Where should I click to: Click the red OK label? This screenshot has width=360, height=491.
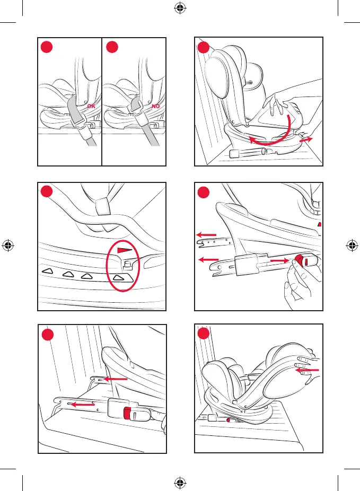[x=91, y=106]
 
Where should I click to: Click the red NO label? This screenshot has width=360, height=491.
[x=155, y=106]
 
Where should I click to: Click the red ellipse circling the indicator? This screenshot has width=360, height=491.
[x=122, y=266]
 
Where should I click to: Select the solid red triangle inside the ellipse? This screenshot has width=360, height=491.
[x=125, y=250]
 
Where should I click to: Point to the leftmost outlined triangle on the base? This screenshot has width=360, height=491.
[x=47, y=270]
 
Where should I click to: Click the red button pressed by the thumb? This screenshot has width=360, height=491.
[x=299, y=260]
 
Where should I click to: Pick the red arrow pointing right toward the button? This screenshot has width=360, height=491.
[x=279, y=260]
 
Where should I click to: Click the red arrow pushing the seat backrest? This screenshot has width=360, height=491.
[x=307, y=371]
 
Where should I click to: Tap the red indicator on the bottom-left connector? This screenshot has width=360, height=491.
[x=127, y=413]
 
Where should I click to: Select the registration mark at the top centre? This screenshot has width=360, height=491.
[x=180, y=8]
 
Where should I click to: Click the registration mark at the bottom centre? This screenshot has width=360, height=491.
[x=180, y=483]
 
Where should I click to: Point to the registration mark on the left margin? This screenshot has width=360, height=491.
[x=8, y=245]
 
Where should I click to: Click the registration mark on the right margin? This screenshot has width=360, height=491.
[x=352, y=245]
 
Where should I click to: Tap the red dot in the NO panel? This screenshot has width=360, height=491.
[x=112, y=47]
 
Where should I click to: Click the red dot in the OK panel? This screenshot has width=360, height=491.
[x=47, y=47]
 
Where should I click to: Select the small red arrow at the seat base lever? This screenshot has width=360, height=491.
[x=306, y=139]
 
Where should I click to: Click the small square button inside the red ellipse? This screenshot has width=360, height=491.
[x=127, y=265]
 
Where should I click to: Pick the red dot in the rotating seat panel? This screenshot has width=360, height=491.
[x=204, y=47]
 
